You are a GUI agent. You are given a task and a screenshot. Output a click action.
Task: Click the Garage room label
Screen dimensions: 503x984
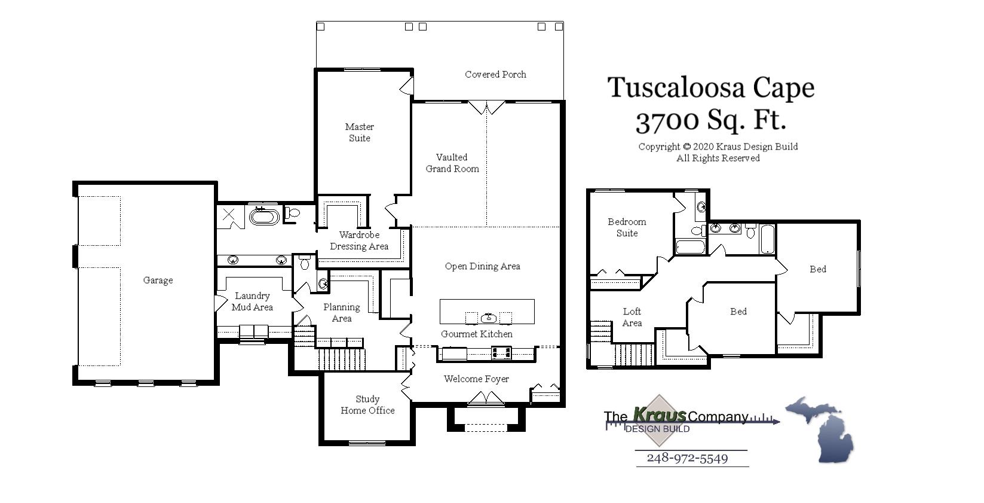[x=158, y=280]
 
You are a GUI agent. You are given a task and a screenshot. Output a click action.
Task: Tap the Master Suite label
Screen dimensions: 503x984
[x=360, y=132]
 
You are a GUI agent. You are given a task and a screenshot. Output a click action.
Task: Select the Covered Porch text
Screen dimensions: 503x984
[x=495, y=75]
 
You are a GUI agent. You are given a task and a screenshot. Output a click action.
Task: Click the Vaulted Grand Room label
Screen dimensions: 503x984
[x=452, y=163]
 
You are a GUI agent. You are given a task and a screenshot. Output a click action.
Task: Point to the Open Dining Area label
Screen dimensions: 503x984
[x=482, y=266]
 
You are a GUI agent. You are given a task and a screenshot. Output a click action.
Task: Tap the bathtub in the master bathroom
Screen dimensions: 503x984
[x=264, y=216]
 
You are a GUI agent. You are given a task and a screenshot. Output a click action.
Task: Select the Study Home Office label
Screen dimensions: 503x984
[x=367, y=405]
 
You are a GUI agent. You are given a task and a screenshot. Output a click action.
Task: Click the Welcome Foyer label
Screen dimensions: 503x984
[x=476, y=379]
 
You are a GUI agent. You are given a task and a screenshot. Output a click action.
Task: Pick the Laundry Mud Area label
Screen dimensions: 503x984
[x=252, y=301]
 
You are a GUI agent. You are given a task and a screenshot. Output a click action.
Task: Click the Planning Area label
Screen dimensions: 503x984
[x=341, y=313]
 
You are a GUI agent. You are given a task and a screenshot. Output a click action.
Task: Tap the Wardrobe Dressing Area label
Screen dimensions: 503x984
[x=359, y=240]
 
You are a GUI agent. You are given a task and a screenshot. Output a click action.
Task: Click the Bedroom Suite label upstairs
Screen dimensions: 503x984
[x=627, y=227]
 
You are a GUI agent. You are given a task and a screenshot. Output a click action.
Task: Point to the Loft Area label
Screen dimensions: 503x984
[x=632, y=317]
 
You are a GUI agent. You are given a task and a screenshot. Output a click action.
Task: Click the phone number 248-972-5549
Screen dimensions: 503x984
[x=687, y=459]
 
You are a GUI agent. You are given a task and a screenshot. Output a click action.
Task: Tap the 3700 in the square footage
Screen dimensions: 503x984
[x=667, y=121]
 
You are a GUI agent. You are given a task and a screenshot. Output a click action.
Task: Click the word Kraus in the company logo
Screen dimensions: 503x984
[x=659, y=414]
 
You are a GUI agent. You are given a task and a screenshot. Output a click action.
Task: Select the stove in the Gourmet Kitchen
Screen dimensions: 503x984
[x=501, y=353]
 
